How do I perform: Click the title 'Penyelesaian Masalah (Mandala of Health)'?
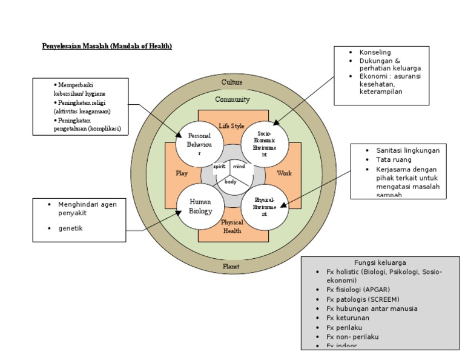pos(107,47)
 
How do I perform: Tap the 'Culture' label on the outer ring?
pos(232,82)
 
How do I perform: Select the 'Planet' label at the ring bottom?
pos(231,266)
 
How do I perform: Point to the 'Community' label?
pos(232,99)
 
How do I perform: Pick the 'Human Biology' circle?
pos(200,207)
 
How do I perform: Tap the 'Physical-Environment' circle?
pos(265,207)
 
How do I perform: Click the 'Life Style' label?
pos(232,125)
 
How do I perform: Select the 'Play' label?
pos(182,173)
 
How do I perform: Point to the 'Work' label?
pos(284,173)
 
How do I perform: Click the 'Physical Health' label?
pos(232,226)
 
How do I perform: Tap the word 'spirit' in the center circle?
pos(219,166)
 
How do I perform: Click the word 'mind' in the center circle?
pos(239,166)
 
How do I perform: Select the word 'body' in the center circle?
pos(231,181)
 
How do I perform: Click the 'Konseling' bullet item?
pos(375,53)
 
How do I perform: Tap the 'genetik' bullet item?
pos(70,228)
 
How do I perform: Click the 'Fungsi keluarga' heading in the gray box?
pos(380,262)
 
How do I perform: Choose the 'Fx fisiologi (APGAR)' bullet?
pos(363,290)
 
